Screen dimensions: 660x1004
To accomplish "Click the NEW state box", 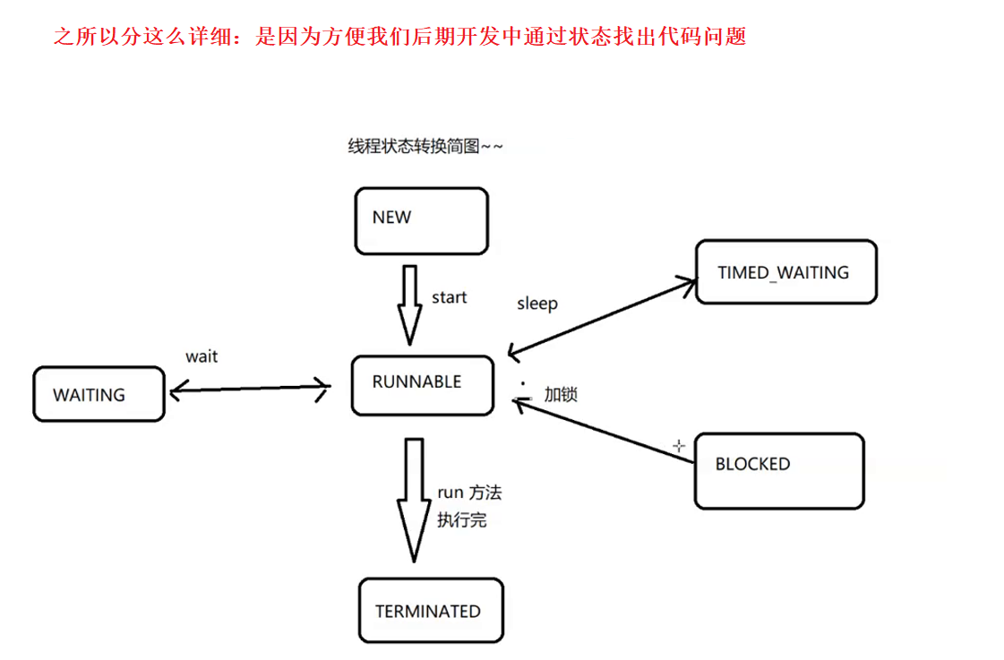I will [x=421, y=220].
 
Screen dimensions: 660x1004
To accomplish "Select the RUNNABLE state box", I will [x=422, y=385].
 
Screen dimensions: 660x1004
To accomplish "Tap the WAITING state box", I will [x=99, y=394].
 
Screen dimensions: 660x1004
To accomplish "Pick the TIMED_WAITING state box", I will [x=785, y=271].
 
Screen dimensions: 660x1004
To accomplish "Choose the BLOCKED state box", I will [x=778, y=470].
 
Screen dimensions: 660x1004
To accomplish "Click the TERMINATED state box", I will [x=431, y=612].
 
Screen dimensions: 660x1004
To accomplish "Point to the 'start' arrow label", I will [x=449, y=297].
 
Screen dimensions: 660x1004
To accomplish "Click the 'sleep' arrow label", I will [x=536, y=304].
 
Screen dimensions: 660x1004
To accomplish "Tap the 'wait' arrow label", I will [x=202, y=356].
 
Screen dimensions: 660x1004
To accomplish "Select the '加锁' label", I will [x=561, y=394].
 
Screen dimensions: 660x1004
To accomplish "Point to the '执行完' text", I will [x=461, y=519].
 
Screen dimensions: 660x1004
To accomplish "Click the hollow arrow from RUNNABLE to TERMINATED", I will [x=414, y=498].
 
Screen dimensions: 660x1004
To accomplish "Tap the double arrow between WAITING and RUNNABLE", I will [x=250, y=388].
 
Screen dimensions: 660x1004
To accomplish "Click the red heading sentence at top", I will [x=399, y=37].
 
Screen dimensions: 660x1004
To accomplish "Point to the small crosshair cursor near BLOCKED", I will [x=679, y=445].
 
